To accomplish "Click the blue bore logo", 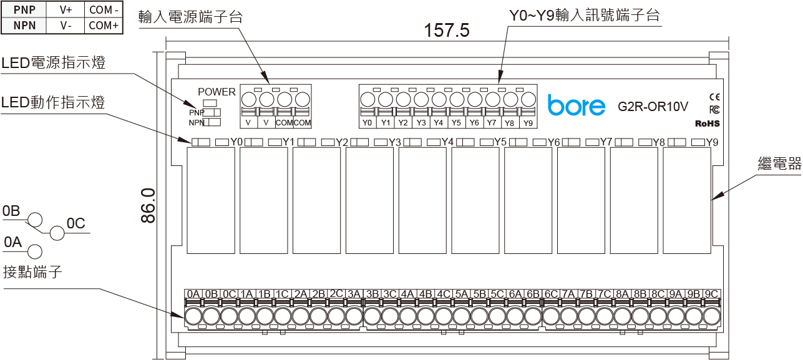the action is (576, 105).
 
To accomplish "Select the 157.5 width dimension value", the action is (447, 30).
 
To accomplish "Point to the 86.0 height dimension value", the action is (148, 205).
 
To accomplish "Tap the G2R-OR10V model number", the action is (653, 107).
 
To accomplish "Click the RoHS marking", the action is (708, 124).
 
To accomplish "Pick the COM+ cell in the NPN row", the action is (104, 26).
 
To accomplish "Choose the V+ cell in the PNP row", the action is (66, 10).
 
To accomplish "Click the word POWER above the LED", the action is (217, 92).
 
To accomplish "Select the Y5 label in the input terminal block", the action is (456, 123).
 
